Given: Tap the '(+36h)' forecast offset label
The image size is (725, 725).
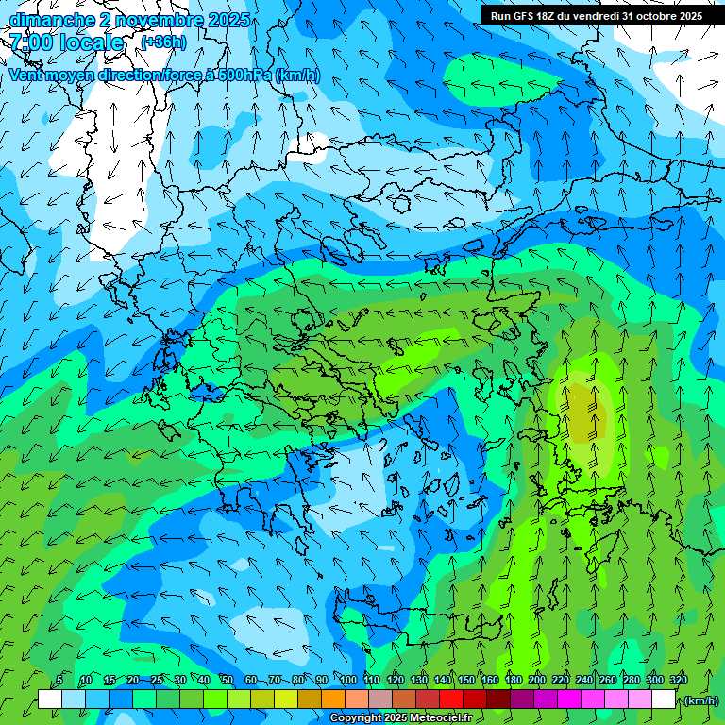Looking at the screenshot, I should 163,42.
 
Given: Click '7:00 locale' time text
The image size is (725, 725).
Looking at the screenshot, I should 67,42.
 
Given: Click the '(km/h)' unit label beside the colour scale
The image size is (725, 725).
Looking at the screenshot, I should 700,700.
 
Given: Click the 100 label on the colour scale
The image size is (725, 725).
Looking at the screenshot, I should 348,680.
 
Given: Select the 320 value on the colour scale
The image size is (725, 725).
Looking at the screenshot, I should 678,680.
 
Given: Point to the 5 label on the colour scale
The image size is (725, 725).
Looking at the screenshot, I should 59,680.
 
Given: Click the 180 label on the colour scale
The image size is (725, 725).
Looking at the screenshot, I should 514,680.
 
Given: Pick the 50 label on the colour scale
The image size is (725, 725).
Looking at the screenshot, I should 228,680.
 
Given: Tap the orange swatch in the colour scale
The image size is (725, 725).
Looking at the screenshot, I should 333,700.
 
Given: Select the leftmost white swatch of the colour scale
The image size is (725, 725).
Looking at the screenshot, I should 50,700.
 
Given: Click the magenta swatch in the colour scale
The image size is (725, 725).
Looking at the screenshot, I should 569,700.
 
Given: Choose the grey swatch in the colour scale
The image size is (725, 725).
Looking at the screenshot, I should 380,700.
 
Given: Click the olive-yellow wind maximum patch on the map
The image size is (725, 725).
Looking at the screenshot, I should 588,403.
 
